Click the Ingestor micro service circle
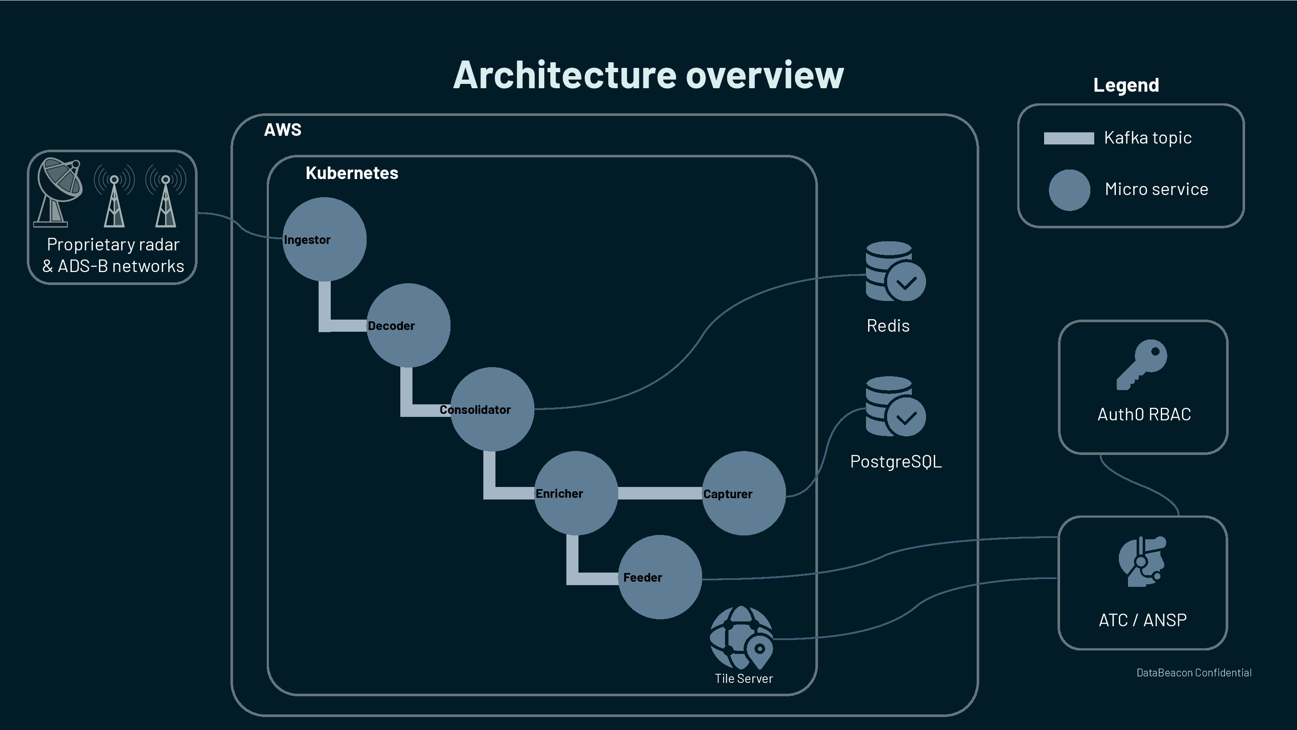point(324,239)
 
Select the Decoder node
point(408,326)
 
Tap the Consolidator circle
point(492,409)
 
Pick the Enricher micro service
point(576,493)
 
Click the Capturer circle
point(744,493)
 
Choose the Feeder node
point(660,577)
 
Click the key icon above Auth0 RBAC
point(1142,364)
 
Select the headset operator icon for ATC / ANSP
point(1142,561)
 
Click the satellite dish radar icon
point(58,192)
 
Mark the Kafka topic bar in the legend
point(1068,138)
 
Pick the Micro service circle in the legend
point(1069,190)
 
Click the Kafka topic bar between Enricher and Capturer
point(660,493)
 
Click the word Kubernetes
point(351,173)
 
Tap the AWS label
point(282,130)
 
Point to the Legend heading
point(1126,85)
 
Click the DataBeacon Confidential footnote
point(1193,672)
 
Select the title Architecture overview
point(648,75)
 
